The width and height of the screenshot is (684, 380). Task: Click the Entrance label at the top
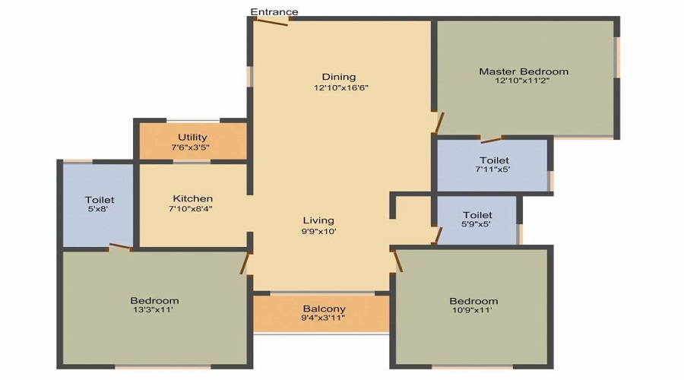[274, 11]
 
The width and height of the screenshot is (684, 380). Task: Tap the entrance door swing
[271, 21]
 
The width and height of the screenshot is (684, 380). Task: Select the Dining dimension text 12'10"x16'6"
[341, 87]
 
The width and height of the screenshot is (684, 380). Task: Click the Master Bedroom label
[524, 71]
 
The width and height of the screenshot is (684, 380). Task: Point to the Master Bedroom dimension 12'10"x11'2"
[521, 81]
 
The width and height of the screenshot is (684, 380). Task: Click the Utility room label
[192, 138]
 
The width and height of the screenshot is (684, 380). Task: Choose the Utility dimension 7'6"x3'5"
[190, 147]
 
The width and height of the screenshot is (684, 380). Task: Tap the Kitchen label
[193, 199]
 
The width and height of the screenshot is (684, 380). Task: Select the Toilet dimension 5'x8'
[98, 209]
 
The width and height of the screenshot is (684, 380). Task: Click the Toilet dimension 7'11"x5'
[493, 169]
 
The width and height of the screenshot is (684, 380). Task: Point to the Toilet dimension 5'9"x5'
[477, 224]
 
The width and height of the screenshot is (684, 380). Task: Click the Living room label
[318, 220]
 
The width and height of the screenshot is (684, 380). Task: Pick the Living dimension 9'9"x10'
[319, 232]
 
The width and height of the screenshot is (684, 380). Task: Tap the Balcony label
[324, 309]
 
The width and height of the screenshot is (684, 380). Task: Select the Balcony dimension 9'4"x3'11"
[323, 318]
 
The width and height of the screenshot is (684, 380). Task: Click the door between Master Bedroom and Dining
[439, 123]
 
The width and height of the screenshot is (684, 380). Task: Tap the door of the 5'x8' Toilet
[120, 247]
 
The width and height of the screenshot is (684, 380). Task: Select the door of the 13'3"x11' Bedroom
[245, 264]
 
